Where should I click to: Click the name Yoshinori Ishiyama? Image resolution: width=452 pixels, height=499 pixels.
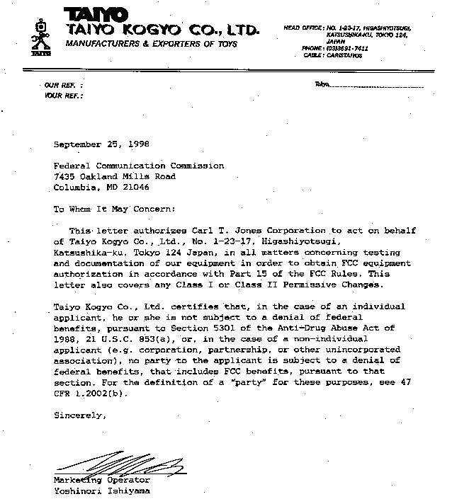pyautogui.click(x=102, y=491)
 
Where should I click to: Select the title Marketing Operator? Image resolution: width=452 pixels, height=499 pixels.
pyautogui.click(x=97, y=480)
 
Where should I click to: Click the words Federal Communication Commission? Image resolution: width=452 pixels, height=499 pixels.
pyautogui.click(x=139, y=166)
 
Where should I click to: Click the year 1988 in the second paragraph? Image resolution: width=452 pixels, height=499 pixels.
pyautogui.click(x=66, y=340)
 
